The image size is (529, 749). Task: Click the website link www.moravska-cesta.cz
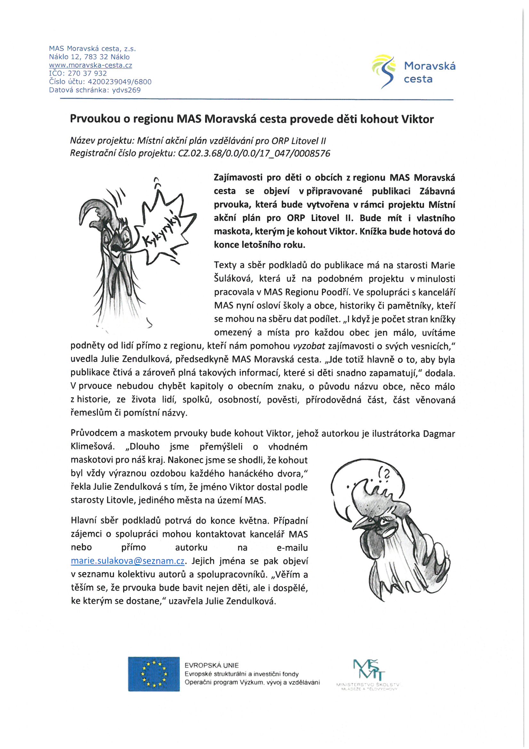click(90, 65)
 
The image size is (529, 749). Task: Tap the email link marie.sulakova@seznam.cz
click(128, 561)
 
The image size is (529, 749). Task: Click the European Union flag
click(154, 674)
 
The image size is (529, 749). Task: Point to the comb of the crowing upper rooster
click(93, 210)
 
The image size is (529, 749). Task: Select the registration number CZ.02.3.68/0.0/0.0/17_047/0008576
click(254, 153)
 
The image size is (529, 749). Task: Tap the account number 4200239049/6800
click(120, 82)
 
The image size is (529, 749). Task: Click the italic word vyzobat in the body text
click(309, 346)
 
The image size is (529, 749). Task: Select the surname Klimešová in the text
click(92, 446)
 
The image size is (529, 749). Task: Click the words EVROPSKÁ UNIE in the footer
click(212, 665)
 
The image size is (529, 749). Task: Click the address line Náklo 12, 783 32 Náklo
click(89, 57)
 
